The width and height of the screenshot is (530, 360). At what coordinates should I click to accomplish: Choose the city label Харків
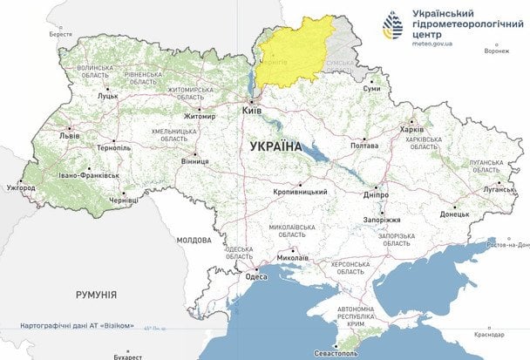point(411,129)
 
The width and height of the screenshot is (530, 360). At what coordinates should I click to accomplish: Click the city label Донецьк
point(454,213)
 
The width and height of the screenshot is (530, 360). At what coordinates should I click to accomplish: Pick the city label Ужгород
point(21,187)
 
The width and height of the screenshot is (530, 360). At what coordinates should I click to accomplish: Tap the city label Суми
point(372,88)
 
